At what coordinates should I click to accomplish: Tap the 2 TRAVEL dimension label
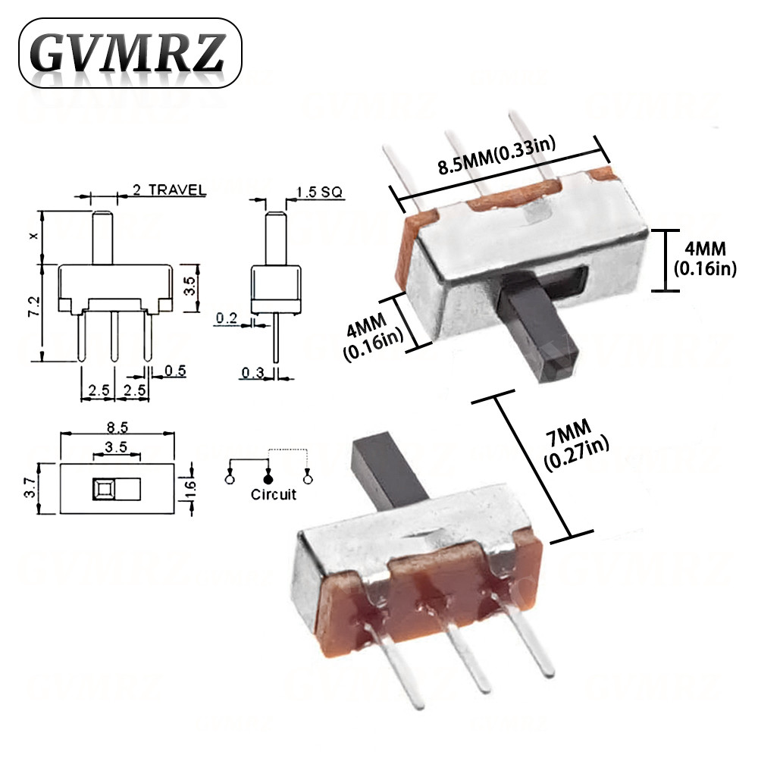coord(168,189)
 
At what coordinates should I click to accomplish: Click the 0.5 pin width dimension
coord(175,371)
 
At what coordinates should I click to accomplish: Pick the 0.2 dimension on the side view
coord(227,318)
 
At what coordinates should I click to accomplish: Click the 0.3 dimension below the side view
coord(252,372)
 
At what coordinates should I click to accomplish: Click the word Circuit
coord(274,495)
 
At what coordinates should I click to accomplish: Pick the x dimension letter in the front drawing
coord(33,236)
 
